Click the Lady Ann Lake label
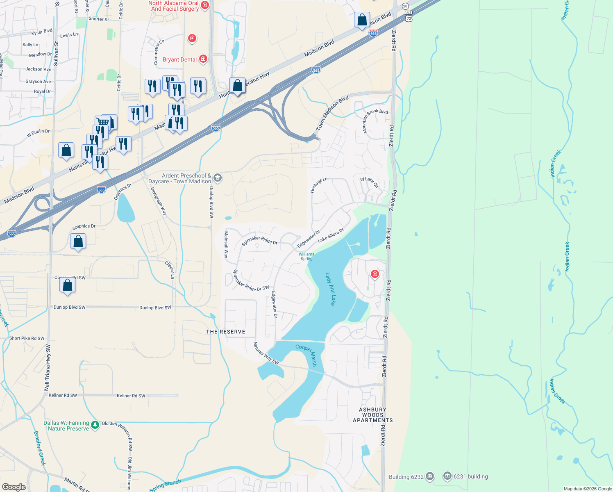pyautogui.click(x=330, y=289)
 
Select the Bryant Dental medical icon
pyautogui.click(x=203, y=59)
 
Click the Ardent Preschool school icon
pyautogui.click(x=218, y=178)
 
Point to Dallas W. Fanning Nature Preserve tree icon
pyautogui.click(x=95, y=425)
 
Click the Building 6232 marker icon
pyautogui.click(x=429, y=476)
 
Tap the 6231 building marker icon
pyautogui.click(x=447, y=476)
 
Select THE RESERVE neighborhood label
pyautogui.click(x=226, y=332)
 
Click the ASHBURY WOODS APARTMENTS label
pyautogui.click(x=373, y=415)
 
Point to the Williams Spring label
pyautogui.click(x=306, y=256)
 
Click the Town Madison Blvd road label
pyautogui.click(x=332, y=113)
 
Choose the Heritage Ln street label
pyautogui.click(x=319, y=185)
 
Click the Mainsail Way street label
pyautogui.click(x=226, y=244)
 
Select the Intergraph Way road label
pyautogui.click(x=159, y=201)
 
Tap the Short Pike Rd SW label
pyautogui.click(x=27, y=338)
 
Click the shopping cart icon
pyautogui.click(x=102, y=122)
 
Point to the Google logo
pyautogui.click(x=14, y=487)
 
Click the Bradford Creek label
pyautogui.click(x=39, y=448)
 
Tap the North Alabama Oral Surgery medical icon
pyautogui.click(x=205, y=5)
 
